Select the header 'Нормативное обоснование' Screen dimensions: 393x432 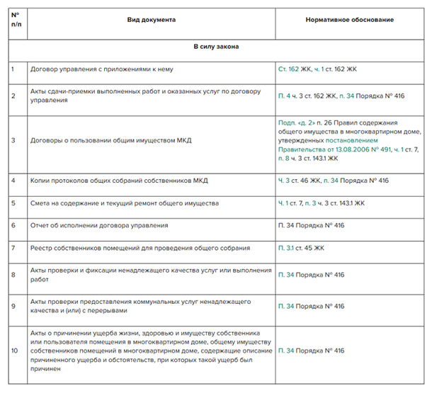coord(350,19)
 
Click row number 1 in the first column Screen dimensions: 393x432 coord(13,69)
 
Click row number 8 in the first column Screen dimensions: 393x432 coord(13,274)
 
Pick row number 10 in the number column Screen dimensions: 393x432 coord(14,350)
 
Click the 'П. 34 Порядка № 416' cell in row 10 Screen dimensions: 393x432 coord(312,350)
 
